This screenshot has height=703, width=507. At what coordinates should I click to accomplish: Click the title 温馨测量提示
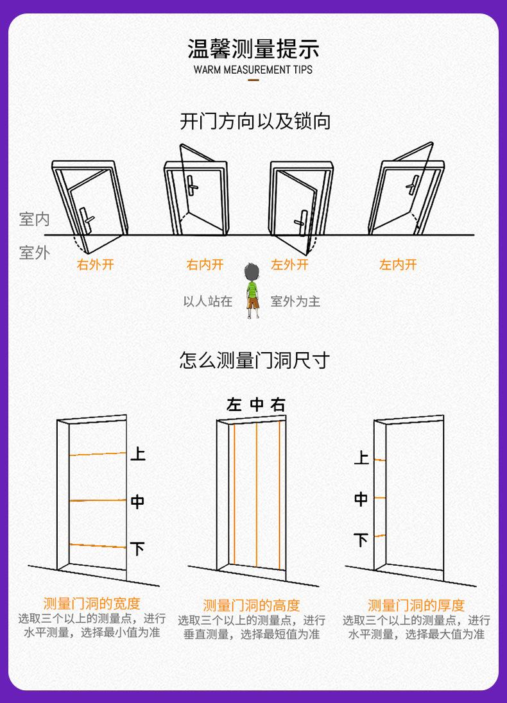tap(253, 49)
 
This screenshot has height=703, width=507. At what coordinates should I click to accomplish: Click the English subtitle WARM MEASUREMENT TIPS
tap(253, 69)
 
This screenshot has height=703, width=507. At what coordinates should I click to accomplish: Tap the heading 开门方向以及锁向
tap(255, 121)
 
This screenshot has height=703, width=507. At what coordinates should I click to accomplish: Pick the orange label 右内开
tap(205, 265)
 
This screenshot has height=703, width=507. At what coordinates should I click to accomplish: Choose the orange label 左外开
tap(289, 265)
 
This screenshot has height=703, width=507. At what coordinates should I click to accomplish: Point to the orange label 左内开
tap(398, 265)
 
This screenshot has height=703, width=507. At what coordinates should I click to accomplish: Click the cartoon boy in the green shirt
tap(253, 291)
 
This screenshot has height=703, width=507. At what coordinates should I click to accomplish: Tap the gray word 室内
tap(34, 220)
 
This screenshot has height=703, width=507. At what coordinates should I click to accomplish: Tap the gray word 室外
tap(34, 253)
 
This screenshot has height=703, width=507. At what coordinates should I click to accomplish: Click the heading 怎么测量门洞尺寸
tap(254, 360)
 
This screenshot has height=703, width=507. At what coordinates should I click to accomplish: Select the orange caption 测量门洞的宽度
tap(91, 604)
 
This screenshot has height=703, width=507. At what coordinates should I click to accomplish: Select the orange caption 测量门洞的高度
tap(252, 605)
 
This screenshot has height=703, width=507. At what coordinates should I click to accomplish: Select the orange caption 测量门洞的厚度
tap(416, 605)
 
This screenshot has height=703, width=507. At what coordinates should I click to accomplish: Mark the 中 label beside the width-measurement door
tap(137, 502)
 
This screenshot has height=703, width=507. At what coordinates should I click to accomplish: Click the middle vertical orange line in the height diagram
tap(257, 494)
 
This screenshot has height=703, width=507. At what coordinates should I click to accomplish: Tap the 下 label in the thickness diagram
tap(361, 540)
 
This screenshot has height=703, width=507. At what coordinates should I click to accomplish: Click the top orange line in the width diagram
tap(98, 453)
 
